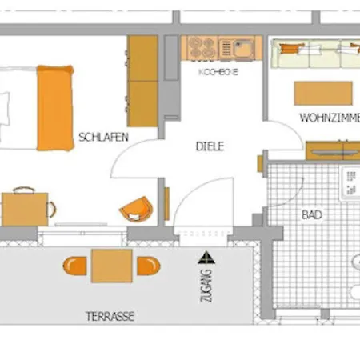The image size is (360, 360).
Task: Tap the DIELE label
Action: pyautogui.click(x=210, y=146)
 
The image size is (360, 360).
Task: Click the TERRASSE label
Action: pyautogui.click(x=110, y=316)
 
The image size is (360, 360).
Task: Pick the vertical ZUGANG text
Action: pyautogui.click(x=208, y=284)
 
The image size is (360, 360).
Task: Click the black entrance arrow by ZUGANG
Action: pyautogui.click(x=208, y=258)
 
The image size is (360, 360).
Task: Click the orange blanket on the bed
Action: pyautogui.click(x=55, y=108)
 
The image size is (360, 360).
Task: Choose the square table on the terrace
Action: pyautogui.click(x=111, y=266)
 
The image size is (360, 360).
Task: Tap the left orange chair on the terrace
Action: pyautogui.click(x=76, y=266)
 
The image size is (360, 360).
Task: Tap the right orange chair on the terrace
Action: pyautogui.click(x=147, y=266)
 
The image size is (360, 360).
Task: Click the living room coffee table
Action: pyautogui.click(x=323, y=93)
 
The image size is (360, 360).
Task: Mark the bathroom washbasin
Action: pyautogui.click(x=352, y=185)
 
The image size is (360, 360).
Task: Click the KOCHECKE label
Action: pyautogui.click(x=218, y=71)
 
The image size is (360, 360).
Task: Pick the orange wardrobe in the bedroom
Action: pyautogui.click(x=143, y=81)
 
